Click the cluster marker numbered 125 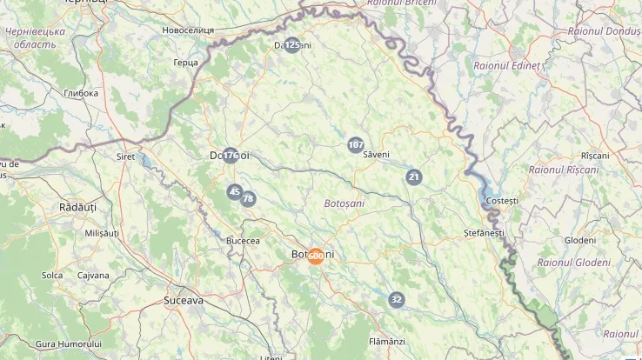pyautogui.click(x=293, y=45)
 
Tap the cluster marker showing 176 pyautogui.click(x=231, y=156)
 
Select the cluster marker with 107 pyautogui.click(x=355, y=145)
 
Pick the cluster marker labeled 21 pyautogui.click(x=413, y=177)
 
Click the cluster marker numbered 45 pyautogui.click(x=234, y=192)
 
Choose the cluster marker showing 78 pyautogui.click(x=248, y=199)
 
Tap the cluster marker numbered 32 pyautogui.click(x=397, y=300)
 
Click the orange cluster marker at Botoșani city pyautogui.click(x=316, y=256)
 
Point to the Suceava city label pyautogui.click(x=184, y=300)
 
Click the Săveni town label pyautogui.click(x=377, y=155)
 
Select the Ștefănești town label pyautogui.click(x=484, y=233)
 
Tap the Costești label pyautogui.click(x=502, y=201)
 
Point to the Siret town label pyautogui.click(x=125, y=157)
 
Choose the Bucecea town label pyautogui.click(x=243, y=240)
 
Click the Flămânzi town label pyautogui.click(x=387, y=341)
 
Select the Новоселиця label pyautogui.click(x=188, y=30)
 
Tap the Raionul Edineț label pyautogui.click(x=506, y=66)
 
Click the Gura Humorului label pyautogui.click(x=69, y=344)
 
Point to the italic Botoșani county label pyautogui.click(x=344, y=203)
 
